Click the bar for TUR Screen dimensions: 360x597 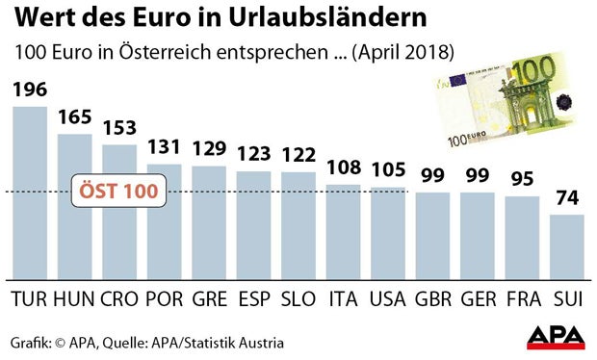point(29,193)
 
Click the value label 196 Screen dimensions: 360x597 point(29,91)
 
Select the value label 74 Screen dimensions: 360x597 point(567,199)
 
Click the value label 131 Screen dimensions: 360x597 point(165,148)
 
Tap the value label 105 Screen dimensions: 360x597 point(389,170)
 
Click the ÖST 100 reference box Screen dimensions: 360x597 point(117,191)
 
